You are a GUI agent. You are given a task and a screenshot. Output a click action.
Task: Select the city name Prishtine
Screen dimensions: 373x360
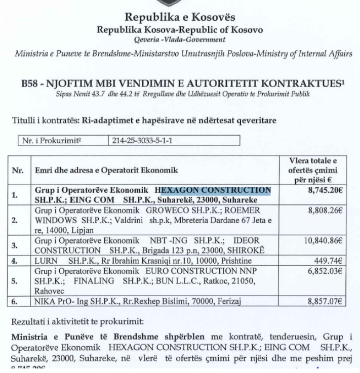[231, 262]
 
